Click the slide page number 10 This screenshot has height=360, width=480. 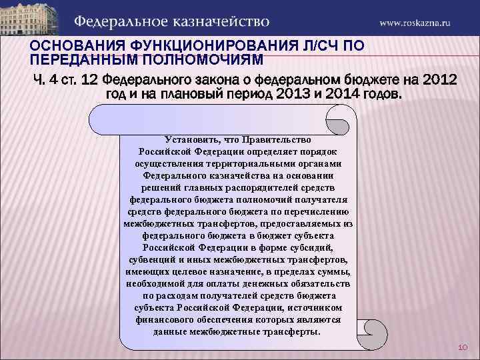[x=463, y=348]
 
